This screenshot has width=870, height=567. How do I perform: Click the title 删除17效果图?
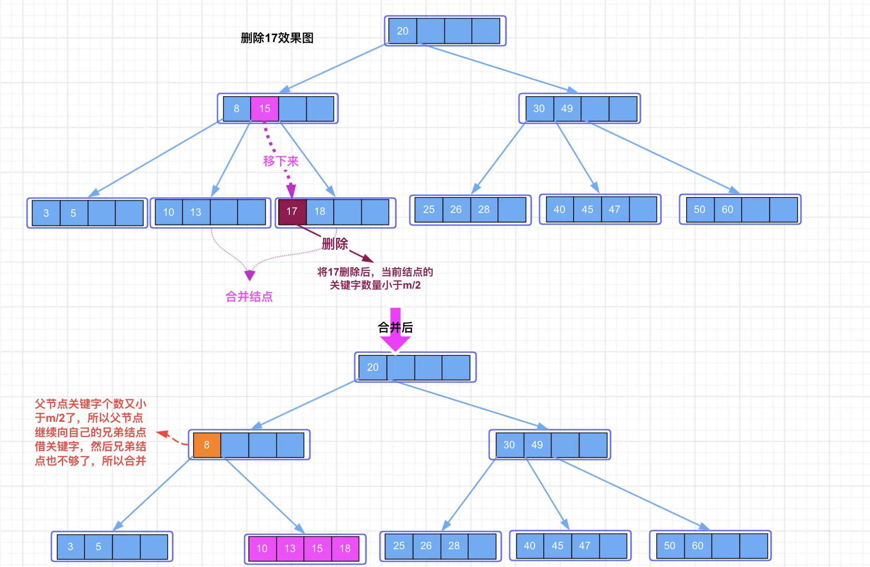[x=277, y=38]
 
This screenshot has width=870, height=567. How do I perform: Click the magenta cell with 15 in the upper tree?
[x=265, y=109]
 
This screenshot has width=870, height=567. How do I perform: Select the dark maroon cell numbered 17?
[x=292, y=212]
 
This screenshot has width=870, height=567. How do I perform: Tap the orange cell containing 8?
[x=207, y=445]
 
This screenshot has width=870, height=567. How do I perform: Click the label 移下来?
[x=281, y=161]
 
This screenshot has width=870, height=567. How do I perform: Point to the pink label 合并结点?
[x=249, y=297]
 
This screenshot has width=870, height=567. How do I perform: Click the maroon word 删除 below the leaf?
[x=335, y=243]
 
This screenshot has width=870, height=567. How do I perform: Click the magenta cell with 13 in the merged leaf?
[x=290, y=548]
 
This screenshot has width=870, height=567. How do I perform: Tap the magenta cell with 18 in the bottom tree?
[x=345, y=548]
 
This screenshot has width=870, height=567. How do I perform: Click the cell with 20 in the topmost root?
[x=402, y=31]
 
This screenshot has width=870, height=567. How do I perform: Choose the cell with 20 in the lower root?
[x=372, y=368]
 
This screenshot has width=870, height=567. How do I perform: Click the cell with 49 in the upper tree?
[x=567, y=109]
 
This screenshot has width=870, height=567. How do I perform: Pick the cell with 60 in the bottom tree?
[x=697, y=546]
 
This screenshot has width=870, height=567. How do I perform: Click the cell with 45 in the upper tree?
[x=587, y=210]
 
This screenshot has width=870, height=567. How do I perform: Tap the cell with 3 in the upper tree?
[x=46, y=213]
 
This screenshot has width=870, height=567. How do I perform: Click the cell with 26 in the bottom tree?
[x=426, y=546]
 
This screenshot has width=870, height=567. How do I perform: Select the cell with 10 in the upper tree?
[x=168, y=213]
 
